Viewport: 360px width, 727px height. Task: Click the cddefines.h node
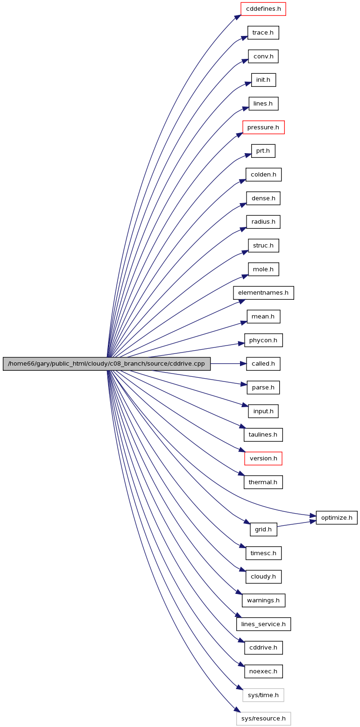[x=263, y=9]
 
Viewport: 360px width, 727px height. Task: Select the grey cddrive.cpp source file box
[x=106, y=364]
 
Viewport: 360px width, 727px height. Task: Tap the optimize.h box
[x=337, y=518]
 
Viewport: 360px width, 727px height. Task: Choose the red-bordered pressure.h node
[x=263, y=127]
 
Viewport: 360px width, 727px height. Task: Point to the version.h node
[x=263, y=458]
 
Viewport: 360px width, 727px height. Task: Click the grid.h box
[x=263, y=529]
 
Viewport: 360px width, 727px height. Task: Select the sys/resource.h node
[x=263, y=719]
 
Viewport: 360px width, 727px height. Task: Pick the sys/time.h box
[x=263, y=695]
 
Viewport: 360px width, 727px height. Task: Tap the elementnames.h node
[x=263, y=293]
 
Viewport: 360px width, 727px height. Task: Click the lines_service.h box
[x=263, y=624]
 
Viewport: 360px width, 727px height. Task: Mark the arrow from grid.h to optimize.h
[x=296, y=523]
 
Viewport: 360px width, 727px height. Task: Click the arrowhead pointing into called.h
[x=243, y=364]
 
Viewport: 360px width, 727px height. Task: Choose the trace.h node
[x=263, y=33]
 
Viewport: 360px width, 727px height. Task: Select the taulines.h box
[x=263, y=435]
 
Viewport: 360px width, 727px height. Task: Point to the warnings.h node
[x=263, y=600]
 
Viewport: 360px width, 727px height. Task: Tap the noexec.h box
[x=263, y=671]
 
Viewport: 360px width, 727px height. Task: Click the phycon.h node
[x=263, y=340]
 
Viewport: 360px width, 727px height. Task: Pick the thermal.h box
[x=263, y=482]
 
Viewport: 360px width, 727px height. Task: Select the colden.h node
[x=263, y=175]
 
